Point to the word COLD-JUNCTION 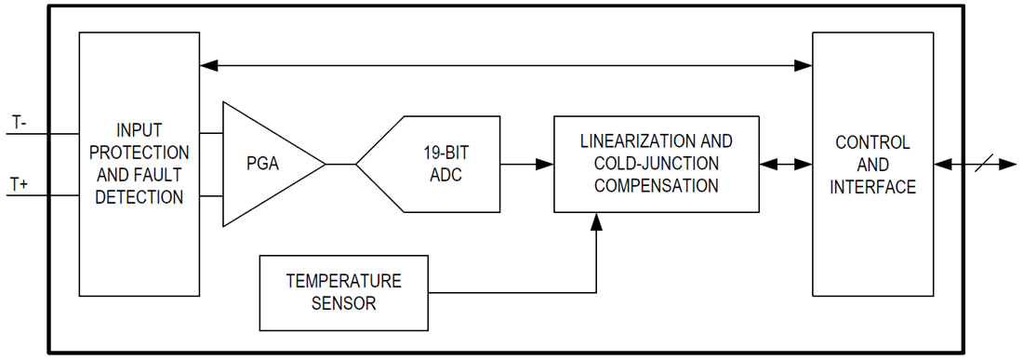pyautogui.click(x=656, y=164)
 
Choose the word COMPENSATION pyautogui.click(x=656, y=185)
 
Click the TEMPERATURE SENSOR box pyautogui.click(x=343, y=291)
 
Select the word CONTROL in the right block pyautogui.click(x=872, y=143)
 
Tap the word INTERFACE pyautogui.click(x=872, y=187)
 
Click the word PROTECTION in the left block pyautogui.click(x=139, y=152)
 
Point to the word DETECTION pyautogui.click(x=139, y=196)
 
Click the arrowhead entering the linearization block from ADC pyautogui.click(x=546, y=164)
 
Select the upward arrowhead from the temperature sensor pyautogui.click(x=596, y=220)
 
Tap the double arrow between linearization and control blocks pyautogui.click(x=786, y=164)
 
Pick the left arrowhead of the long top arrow pyautogui.click(x=209, y=65)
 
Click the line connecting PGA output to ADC pyautogui.click(x=341, y=164)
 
